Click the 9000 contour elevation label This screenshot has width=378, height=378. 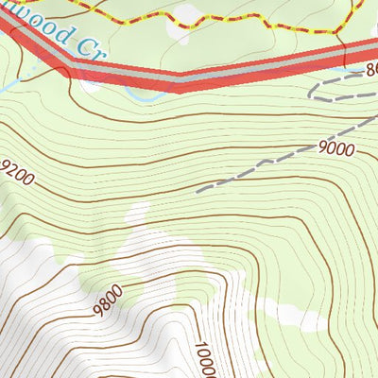click(336, 147)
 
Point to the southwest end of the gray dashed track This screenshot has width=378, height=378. click(198, 192)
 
